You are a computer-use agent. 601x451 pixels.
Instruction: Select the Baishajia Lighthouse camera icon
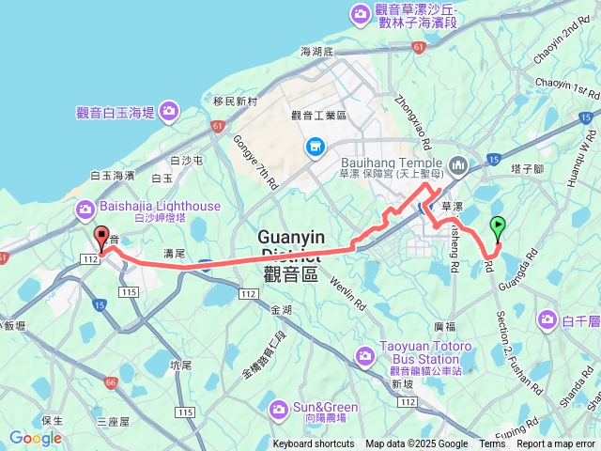point(85,207)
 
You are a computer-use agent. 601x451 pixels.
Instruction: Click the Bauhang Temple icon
point(459,167)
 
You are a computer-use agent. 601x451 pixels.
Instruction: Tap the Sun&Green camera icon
point(278,409)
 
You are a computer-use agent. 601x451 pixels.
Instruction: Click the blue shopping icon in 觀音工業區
point(314,147)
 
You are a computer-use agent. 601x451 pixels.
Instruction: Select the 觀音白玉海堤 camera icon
point(169,112)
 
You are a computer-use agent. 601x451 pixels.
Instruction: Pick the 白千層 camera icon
point(547,321)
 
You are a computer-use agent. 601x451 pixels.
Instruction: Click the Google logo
point(35,437)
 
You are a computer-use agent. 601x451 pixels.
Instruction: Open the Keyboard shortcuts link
point(314,444)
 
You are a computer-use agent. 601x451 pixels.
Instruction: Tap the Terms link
point(492,444)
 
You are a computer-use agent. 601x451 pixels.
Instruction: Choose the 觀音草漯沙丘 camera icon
point(360,14)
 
